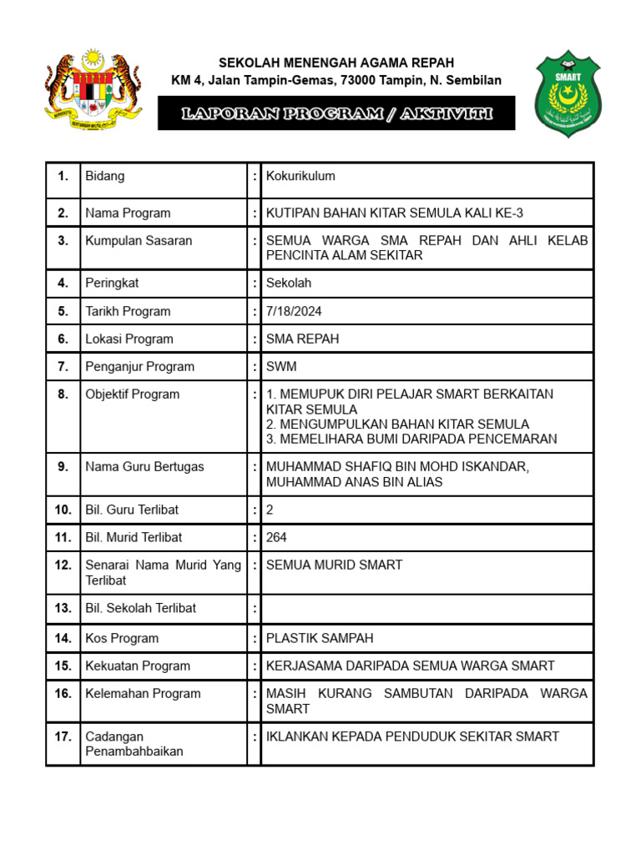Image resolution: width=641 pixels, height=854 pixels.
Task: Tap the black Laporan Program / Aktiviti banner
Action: [336, 113]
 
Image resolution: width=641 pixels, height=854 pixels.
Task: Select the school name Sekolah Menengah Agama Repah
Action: [336, 63]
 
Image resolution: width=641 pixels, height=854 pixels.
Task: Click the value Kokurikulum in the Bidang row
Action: [300, 176]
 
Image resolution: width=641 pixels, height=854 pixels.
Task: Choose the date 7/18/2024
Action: [294, 311]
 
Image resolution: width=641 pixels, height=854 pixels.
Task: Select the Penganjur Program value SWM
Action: [281, 366]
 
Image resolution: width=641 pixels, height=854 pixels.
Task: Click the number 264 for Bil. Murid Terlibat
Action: [276, 537]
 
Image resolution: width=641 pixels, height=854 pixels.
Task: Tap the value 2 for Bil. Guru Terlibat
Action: [270, 510]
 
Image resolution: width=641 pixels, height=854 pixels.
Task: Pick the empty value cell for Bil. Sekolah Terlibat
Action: [426, 608]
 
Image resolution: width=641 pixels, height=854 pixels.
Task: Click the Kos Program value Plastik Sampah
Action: [320, 638]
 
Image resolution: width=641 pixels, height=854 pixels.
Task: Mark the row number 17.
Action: [63, 736]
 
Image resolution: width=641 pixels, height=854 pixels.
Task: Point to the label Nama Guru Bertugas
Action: [144, 467]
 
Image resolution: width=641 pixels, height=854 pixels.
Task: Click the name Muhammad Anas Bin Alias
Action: [354, 482]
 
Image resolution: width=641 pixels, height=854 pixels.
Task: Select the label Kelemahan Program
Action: [143, 693]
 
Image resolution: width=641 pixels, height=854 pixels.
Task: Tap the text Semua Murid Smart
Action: [334, 565]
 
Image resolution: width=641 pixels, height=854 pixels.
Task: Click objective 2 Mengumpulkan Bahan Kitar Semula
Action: [397, 424]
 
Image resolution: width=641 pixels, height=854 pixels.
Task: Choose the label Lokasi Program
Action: [129, 339]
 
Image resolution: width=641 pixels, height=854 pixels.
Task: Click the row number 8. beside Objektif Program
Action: [63, 394]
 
